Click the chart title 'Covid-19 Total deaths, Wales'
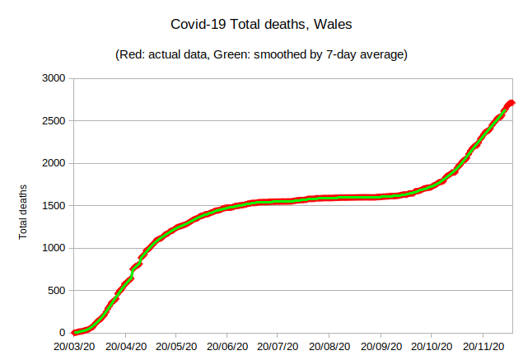coord(261,25)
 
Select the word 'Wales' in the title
coord(332,25)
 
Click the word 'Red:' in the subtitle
coord(134,55)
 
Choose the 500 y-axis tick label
coord(57,290)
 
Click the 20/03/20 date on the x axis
coord(75,348)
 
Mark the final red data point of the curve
coord(511,103)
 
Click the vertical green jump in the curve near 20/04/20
coord(132,273)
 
